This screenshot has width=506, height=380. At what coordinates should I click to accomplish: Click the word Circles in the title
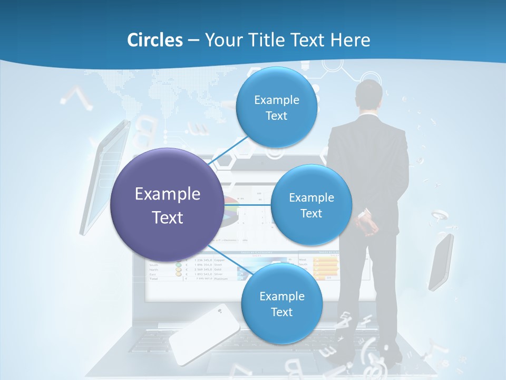(155, 40)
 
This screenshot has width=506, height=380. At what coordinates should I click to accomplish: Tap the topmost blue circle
(276, 107)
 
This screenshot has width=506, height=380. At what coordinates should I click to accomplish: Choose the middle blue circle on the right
(311, 205)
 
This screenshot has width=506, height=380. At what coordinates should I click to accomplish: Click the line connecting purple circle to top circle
(229, 152)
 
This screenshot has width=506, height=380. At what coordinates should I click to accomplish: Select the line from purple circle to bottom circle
(227, 258)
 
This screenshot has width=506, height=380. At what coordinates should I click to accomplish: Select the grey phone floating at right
(441, 262)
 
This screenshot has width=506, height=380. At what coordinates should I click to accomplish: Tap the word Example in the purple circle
(168, 194)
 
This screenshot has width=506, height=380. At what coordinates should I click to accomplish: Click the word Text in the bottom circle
(281, 312)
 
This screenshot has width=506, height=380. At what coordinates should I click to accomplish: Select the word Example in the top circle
(276, 100)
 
